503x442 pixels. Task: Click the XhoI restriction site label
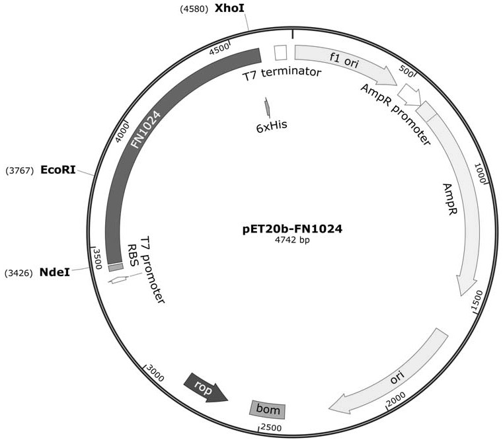tap(229, 9)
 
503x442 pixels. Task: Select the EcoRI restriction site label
tap(58, 170)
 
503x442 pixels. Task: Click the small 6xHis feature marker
tap(268, 107)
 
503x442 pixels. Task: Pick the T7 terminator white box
tap(280, 53)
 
